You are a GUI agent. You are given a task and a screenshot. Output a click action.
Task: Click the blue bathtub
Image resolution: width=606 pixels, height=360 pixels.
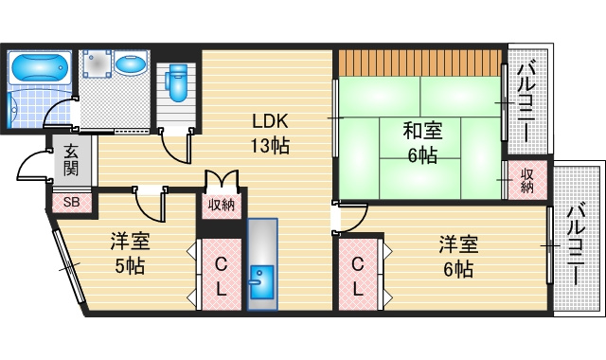(38, 68)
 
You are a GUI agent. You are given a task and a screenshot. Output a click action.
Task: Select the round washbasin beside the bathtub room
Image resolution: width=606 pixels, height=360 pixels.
(133, 66)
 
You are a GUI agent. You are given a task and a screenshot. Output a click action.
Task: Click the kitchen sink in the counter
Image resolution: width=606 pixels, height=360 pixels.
(259, 279)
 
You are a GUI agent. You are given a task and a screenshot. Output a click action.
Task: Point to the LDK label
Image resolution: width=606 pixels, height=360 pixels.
(269, 121)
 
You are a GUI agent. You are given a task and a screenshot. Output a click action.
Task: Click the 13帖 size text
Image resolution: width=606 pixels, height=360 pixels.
(269, 147)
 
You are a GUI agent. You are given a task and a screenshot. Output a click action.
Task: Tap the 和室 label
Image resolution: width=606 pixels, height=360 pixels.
(422, 130)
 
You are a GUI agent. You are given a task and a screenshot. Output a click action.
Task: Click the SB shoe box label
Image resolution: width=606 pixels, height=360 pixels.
(72, 202)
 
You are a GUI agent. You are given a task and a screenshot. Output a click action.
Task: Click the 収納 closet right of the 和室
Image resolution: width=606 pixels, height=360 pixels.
(526, 180)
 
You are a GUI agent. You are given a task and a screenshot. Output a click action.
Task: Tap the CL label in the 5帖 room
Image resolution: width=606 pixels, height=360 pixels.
(220, 277)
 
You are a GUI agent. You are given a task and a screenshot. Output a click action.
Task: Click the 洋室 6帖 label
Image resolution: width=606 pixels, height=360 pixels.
(457, 256)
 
